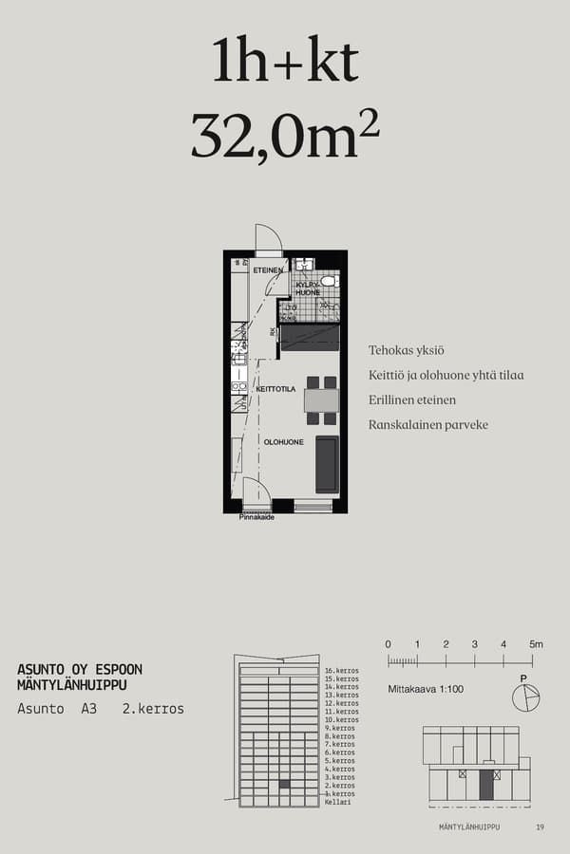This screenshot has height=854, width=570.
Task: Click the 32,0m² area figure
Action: point(285,135)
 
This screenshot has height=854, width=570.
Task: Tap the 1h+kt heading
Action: point(285,62)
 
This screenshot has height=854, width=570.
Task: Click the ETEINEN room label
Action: point(268,271)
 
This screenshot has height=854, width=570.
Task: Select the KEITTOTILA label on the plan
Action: point(274,389)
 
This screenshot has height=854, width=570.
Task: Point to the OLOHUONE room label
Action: point(283,442)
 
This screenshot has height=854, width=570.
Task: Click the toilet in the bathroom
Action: point(328,281)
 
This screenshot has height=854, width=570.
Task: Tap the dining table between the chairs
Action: point(321,400)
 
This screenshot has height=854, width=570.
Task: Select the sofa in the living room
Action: point(327,464)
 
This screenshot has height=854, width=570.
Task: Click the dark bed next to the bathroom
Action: point(310,337)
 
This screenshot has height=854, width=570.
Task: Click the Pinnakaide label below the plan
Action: point(256,517)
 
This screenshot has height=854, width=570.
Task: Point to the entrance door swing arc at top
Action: point(269,236)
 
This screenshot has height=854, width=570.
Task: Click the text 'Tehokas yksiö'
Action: point(407,350)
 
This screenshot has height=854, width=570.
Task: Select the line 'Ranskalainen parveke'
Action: point(427,424)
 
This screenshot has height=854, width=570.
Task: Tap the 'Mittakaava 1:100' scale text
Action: point(426,689)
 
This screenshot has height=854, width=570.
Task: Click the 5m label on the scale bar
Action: point(537,644)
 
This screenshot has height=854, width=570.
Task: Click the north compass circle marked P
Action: point(524,697)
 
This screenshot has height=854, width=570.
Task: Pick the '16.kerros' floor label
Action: point(341,671)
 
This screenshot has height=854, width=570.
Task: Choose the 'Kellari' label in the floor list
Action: point(337,803)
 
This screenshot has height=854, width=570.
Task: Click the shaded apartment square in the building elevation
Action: point(284,785)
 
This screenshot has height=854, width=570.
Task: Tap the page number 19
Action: point(540,827)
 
